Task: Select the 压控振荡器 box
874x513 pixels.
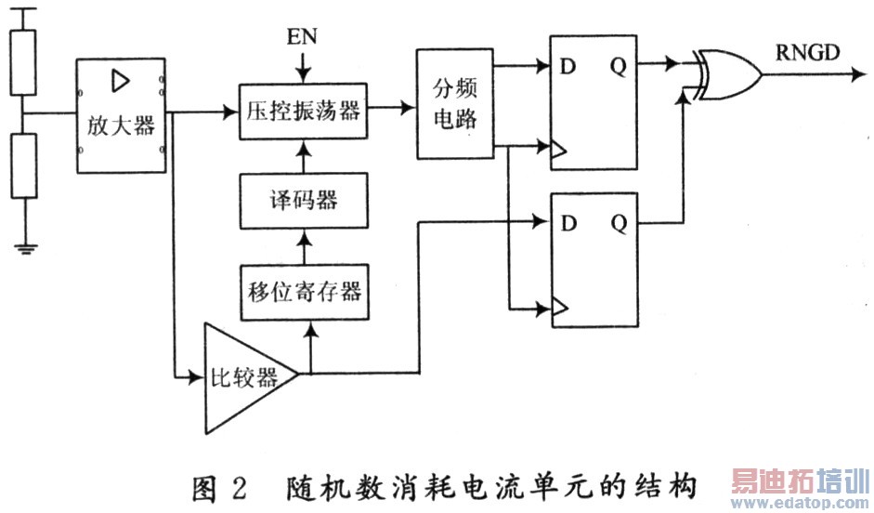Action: click(300, 111)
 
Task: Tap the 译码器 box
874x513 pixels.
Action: click(300, 201)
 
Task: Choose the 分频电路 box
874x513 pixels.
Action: click(454, 102)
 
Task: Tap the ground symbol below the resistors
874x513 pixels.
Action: click(24, 247)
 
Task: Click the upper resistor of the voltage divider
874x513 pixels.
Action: click(24, 60)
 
